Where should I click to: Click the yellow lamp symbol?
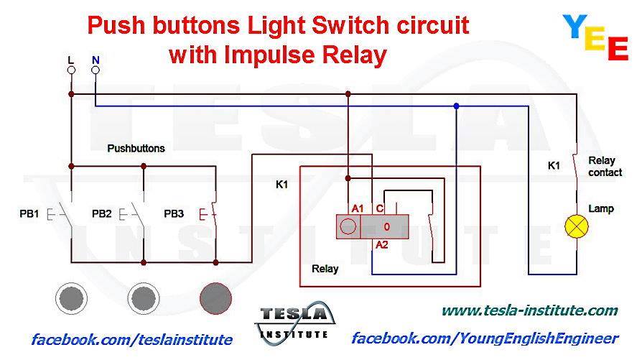click(x=577, y=226)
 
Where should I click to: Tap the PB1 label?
click(x=29, y=214)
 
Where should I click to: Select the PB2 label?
click(x=101, y=214)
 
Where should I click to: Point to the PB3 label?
click(x=174, y=214)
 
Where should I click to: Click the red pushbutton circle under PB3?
click(x=215, y=298)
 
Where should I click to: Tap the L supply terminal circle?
click(x=71, y=70)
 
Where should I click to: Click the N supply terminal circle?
click(x=96, y=70)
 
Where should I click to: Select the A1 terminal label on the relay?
click(x=358, y=208)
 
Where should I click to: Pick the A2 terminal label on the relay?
click(x=381, y=245)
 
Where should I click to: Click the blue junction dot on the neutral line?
click(x=456, y=106)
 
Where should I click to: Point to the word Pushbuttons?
click(x=136, y=148)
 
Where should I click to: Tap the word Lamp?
click(x=601, y=208)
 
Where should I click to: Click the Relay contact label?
click(x=605, y=166)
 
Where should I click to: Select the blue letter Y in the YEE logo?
click(x=575, y=27)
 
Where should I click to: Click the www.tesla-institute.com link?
click(x=530, y=310)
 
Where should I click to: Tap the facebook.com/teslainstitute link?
click(x=132, y=340)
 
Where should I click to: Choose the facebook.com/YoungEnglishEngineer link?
click(x=485, y=338)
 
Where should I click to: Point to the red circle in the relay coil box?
click(x=348, y=226)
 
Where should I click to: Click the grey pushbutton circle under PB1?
click(x=71, y=298)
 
